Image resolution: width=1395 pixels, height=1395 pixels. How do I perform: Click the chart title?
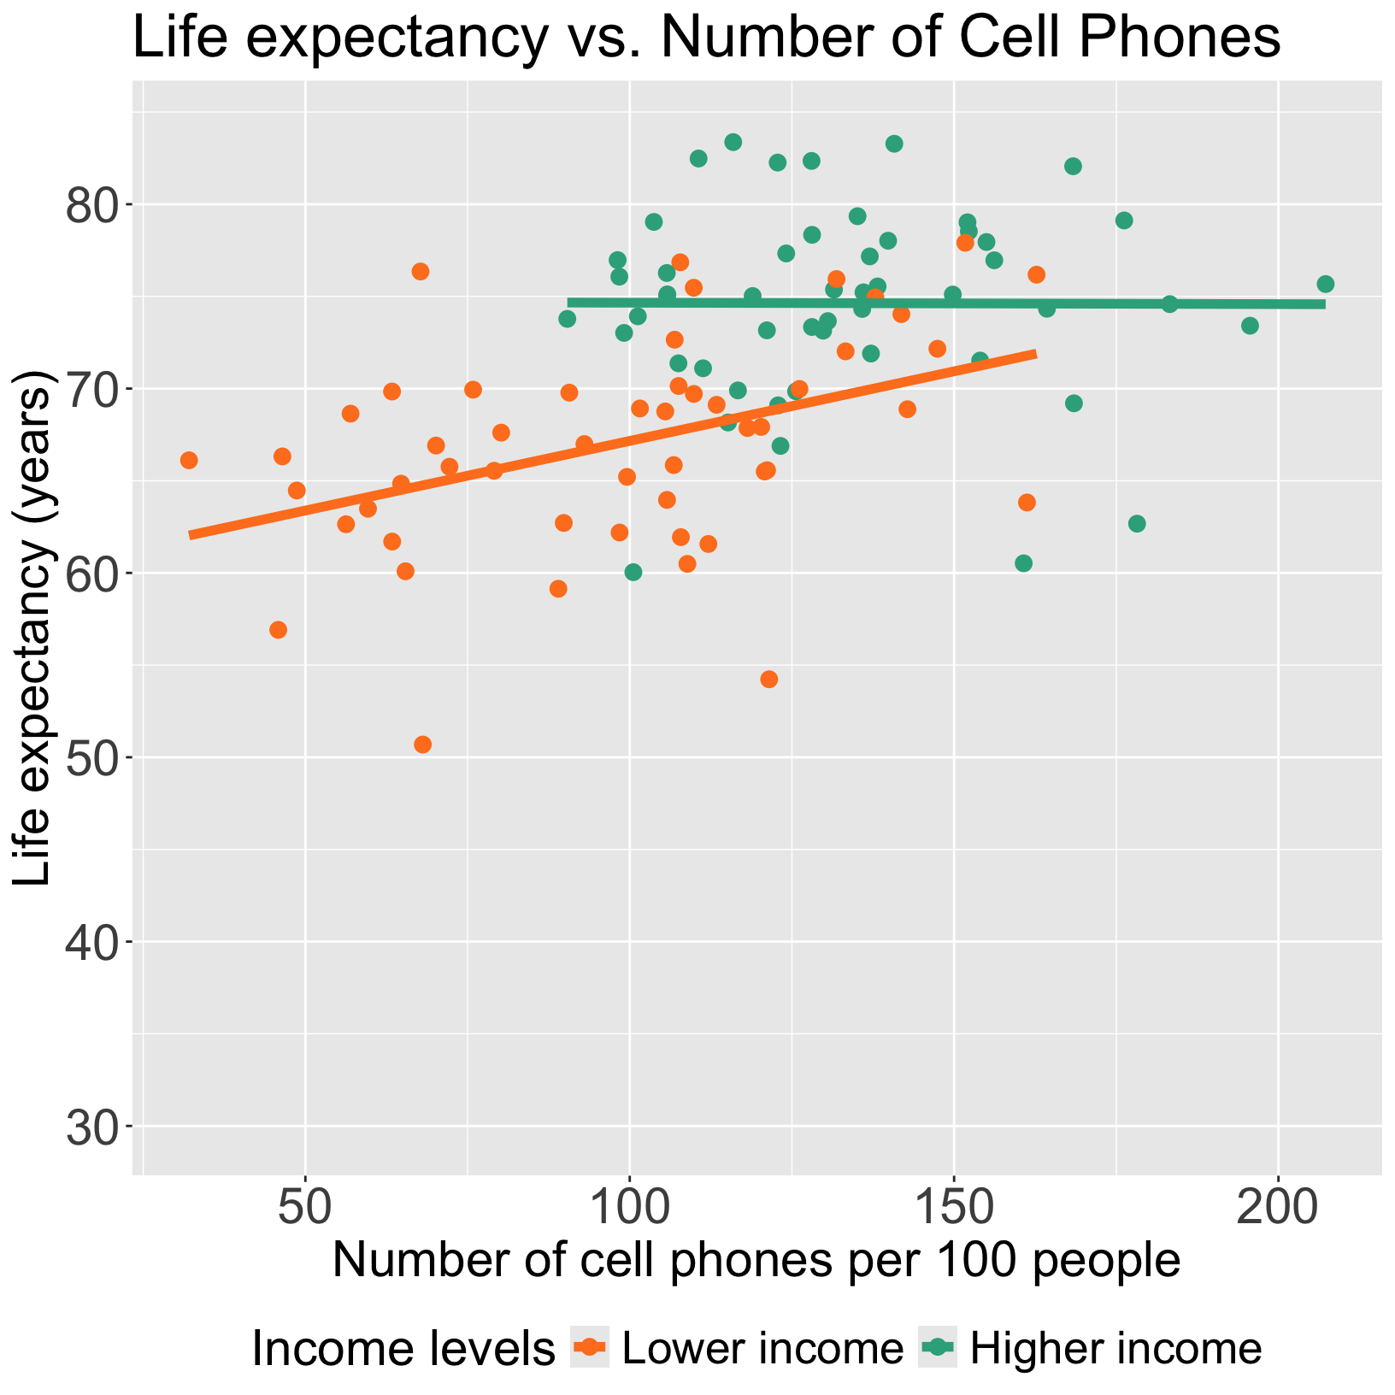[x=706, y=38]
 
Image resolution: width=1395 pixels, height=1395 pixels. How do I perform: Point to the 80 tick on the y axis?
[x=130, y=204]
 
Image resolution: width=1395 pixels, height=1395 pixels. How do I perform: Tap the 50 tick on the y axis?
[x=130, y=757]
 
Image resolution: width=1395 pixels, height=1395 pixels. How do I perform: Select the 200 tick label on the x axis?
[x=1277, y=1208]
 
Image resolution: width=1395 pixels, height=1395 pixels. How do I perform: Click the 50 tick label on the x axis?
[x=305, y=1208]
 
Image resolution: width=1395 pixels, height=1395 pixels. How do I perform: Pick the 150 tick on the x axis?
[x=953, y=1179]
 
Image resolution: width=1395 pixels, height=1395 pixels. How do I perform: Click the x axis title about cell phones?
[x=756, y=1261]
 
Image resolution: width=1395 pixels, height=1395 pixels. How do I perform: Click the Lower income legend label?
[x=762, y=1348]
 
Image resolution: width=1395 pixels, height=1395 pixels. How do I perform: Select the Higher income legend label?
[x=1115, y=1348]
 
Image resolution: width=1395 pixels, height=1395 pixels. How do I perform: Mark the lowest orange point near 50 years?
[x=422, y=745]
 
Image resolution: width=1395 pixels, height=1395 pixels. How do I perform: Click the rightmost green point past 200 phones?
[x=1325, y=284]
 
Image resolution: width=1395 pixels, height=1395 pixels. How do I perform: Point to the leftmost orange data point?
[x=189, y=461]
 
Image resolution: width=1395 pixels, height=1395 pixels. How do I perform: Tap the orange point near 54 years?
[x=768, y=680]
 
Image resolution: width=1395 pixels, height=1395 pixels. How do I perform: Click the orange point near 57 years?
[x=278, y=630]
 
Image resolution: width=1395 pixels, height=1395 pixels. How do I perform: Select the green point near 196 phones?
[x=1250, y=326]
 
